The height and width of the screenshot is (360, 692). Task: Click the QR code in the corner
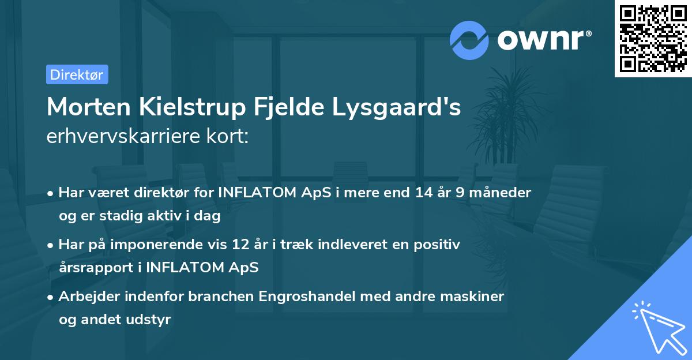click(653, 38)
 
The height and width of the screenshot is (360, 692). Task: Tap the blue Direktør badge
click(77, 74)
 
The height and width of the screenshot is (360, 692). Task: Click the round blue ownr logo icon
click(469, 40)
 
